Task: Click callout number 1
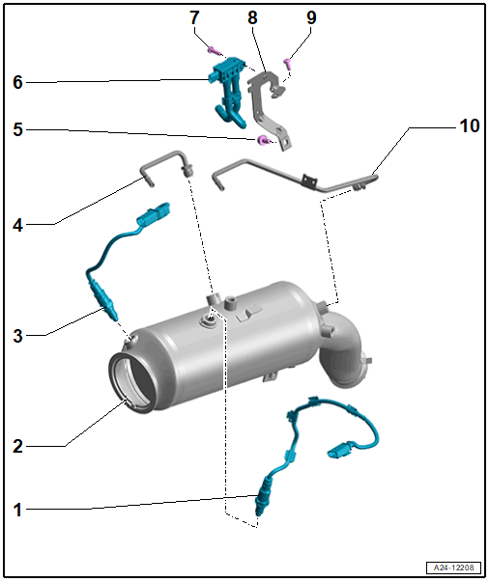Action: point(17,510)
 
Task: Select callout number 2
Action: point(17,446)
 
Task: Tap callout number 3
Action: point(17,336)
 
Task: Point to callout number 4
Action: point(17,225)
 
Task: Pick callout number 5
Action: point(17,129)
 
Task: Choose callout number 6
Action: point(17,82)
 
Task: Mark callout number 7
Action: point(194,17)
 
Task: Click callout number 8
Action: point(252,17)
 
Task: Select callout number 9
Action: point(311,17)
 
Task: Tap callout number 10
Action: point(470,125)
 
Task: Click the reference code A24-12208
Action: point(453,568)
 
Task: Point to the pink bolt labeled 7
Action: point(213,51)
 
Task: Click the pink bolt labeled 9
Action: point(288,65)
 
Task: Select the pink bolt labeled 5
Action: point(263,140)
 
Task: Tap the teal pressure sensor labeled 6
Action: point(228,92)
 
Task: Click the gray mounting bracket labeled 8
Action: point(270,108)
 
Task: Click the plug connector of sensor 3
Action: point(154,214)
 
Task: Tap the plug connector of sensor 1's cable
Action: point(341,449)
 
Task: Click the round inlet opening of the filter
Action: point(131,383)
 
